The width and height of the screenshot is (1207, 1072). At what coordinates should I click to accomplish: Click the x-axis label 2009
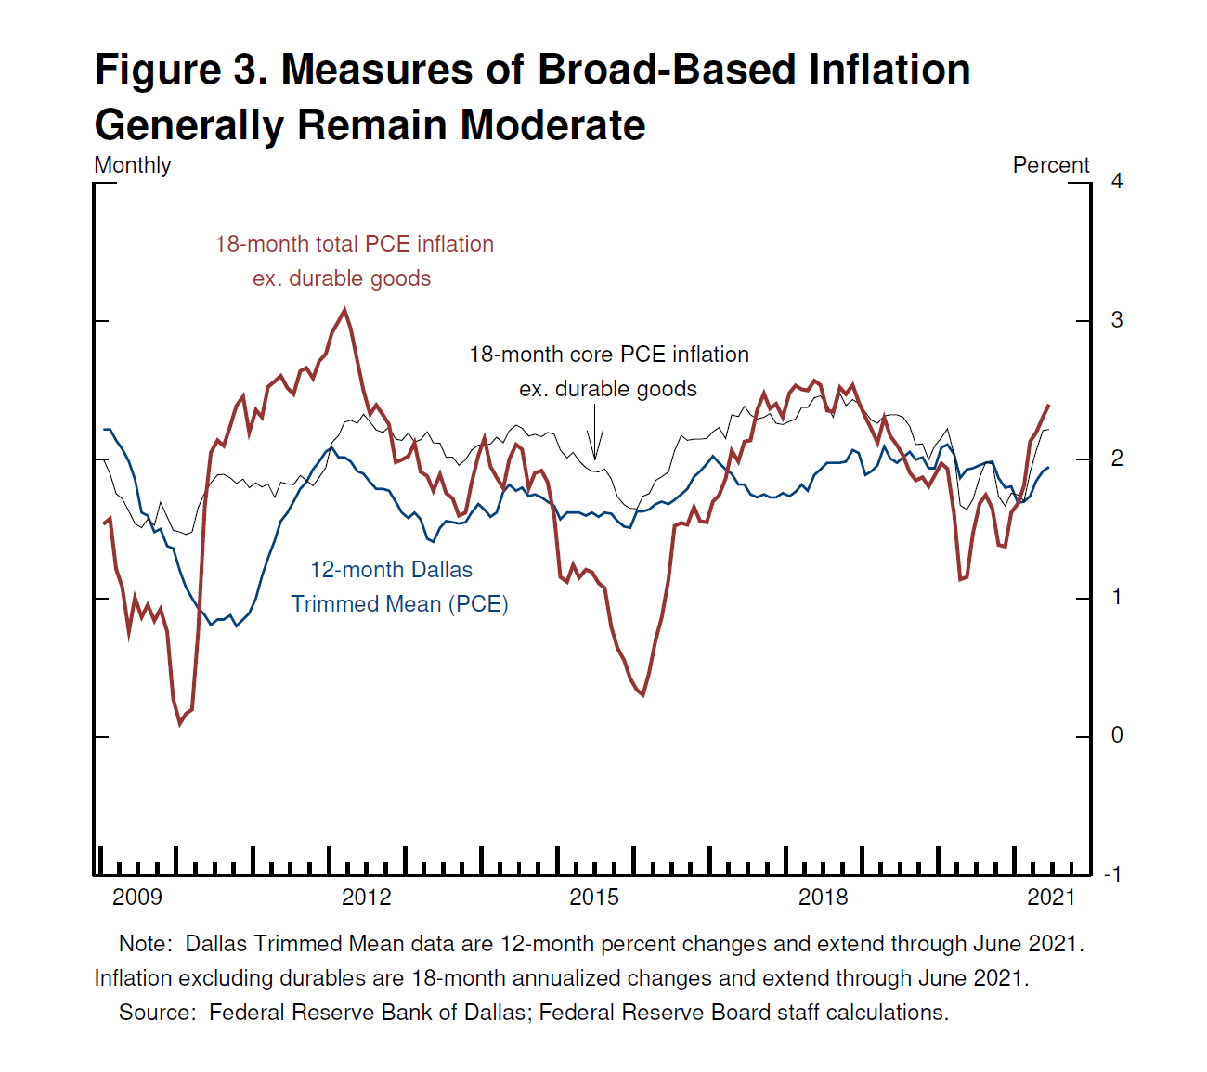137,897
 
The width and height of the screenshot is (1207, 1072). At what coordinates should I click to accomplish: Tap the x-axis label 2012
367,897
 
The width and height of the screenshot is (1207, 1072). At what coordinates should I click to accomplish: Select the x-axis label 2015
594,897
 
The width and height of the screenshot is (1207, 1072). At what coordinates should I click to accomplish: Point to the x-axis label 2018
824,897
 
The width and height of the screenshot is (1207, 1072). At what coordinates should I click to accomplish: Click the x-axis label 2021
1051,897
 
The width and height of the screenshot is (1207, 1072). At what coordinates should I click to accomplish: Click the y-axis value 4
1117,181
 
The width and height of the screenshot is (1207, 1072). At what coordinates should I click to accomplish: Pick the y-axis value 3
1117,320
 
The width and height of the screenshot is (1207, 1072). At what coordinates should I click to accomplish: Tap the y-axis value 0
1117,735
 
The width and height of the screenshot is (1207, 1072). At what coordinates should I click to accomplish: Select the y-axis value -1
1112,874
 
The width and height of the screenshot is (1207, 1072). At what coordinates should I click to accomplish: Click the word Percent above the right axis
1051,165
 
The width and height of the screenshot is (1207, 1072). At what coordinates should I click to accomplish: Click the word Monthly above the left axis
133,165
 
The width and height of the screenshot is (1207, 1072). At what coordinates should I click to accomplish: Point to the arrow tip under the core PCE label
594,459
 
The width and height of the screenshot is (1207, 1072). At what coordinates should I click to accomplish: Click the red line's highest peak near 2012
345,310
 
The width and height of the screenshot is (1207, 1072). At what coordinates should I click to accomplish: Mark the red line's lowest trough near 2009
180,723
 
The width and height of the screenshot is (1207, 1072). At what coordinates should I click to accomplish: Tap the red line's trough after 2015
642,694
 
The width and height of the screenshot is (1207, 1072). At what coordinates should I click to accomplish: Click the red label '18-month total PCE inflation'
355,244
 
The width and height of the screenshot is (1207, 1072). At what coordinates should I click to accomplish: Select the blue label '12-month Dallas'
391,570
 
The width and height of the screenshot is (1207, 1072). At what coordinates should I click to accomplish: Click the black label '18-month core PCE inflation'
609,355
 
